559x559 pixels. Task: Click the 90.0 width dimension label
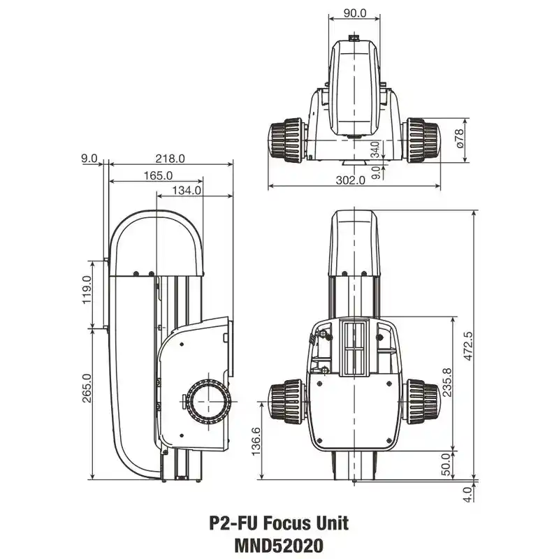coord(355,14)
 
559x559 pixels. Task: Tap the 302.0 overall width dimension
coord(351,180)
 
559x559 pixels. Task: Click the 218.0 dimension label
coord(170,159)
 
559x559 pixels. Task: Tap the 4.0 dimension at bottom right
coord(467,494)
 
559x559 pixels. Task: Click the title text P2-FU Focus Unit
coord(279,522)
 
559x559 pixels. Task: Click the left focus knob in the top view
coord(286,140)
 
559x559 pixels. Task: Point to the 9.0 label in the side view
coord(89,159)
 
